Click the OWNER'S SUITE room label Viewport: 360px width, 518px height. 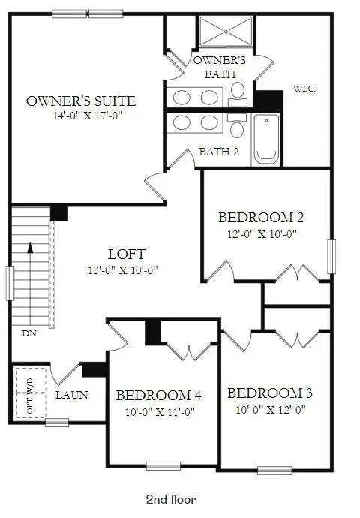[x=81, y=101]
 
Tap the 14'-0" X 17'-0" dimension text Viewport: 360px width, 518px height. [x=88, y=116]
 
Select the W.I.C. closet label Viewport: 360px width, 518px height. [x=304, y=89]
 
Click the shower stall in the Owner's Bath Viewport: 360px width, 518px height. [x=226, y=32]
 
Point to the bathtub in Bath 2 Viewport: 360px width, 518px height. [x=266, y=140]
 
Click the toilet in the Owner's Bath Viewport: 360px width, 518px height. [x=238, y=94]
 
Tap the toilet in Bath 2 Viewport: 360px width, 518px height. [x=237, y=125]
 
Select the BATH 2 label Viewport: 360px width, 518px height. [x=219, y=152]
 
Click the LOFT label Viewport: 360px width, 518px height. [x=127, y=254]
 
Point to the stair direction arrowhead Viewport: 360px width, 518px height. [x=30, y=248]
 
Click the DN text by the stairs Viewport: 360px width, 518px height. [x=29, y=333]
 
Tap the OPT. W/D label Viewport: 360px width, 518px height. [x=30, y=396]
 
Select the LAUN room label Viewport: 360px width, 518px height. [x=71, y=395]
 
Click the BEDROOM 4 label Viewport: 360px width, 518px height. [x=159, y=396]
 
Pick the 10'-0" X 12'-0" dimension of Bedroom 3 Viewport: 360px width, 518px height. [x=271, y=410]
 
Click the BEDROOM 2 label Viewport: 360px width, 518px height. [x=261, y=218]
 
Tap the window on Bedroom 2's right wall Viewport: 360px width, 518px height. [x=331, y=257]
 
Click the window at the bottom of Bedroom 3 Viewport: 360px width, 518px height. [x=274, y=470]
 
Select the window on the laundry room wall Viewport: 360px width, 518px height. [x=57, y=423]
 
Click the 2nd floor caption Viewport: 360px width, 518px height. [x=171, y=499]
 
